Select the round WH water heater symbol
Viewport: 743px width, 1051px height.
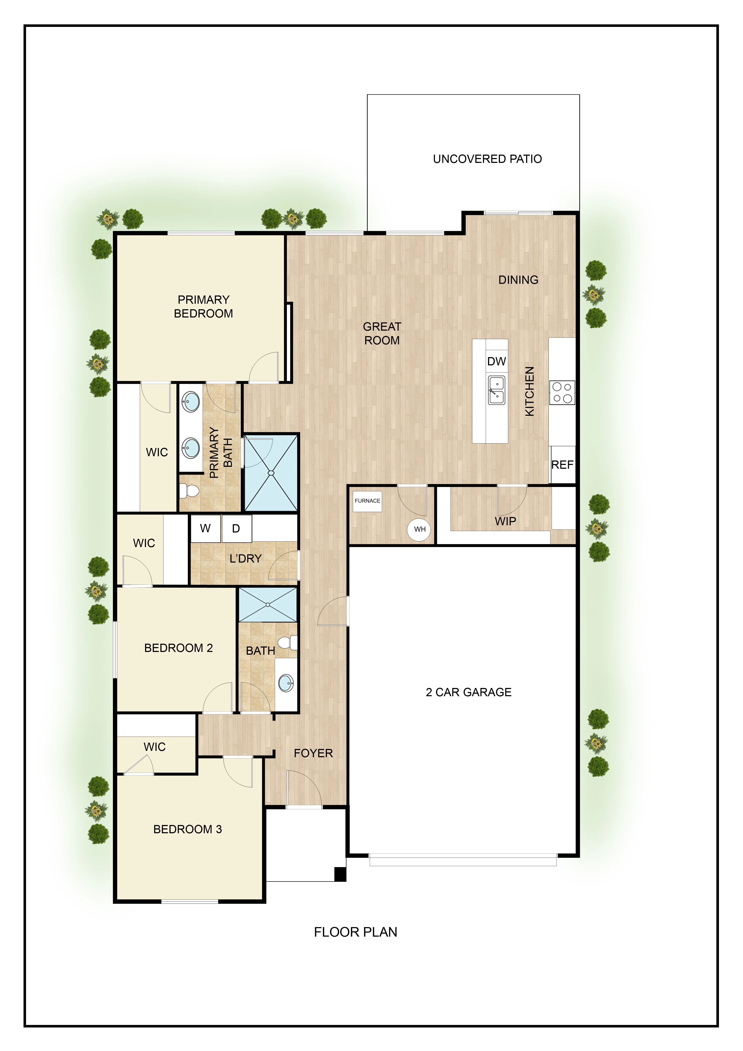click(x=420, y=529)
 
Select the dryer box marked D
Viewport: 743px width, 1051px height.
click(x=236, y=528)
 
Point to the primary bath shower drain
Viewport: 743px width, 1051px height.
click(x=271, y=473)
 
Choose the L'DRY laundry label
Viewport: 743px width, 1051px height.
click(x=245, y=559)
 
